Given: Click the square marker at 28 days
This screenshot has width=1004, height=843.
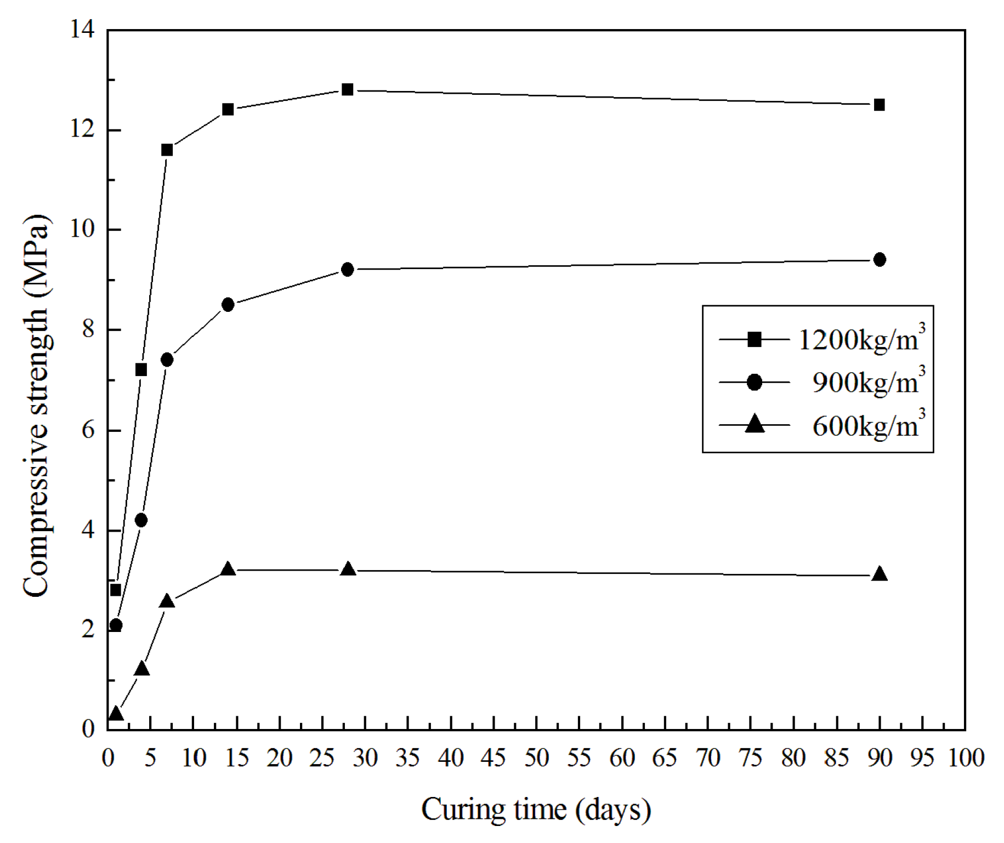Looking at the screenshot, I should tap(347, 89).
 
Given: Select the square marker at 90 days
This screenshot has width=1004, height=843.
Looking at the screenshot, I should tap(879, 105).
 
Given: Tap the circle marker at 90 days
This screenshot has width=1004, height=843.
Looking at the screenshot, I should tap(879, 259).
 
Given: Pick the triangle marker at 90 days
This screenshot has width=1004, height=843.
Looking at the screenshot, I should tap(879, 574).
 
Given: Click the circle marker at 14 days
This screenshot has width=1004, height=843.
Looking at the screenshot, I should tap(228, 304).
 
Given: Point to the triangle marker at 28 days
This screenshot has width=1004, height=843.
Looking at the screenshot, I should tap(348, 569).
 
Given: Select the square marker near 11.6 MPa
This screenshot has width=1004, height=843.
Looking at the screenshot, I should tap(167, 150).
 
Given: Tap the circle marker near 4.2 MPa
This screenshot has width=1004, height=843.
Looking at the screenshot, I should tap(141, 520).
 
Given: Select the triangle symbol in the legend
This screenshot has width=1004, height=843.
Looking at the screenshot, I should tap(755, 424).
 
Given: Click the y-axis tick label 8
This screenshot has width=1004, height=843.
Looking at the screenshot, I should tap(88, 329).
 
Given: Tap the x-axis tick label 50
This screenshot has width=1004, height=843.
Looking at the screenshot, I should tap(536, 758).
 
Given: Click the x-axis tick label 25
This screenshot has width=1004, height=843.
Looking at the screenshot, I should tap(322, 758).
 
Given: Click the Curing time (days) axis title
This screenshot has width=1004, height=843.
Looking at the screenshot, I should tap(536, 810).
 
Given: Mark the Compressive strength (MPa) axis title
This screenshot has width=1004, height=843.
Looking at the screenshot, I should tap(36, 406).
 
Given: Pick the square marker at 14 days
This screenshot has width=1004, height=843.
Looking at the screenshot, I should tap(228, 109).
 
